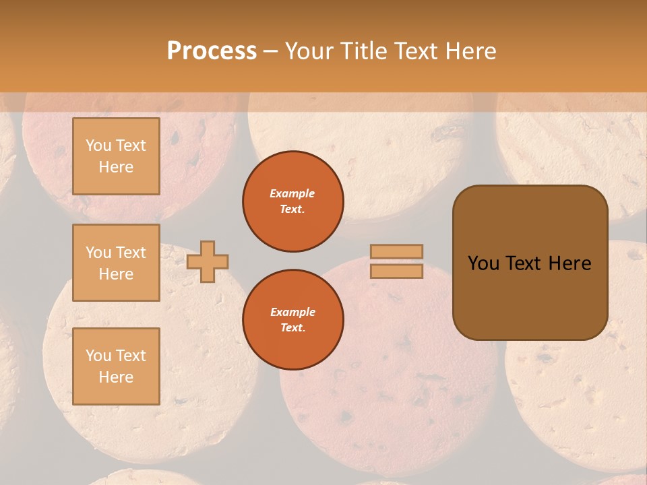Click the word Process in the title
tap(212, 51)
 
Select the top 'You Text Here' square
tap(116, 156)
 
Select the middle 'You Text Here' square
tap(116, 263)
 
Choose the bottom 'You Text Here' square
tap(116, 366)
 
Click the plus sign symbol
tap(208, 261)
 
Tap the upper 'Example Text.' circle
tap(292, 201)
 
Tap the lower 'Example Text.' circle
tap(292, 320)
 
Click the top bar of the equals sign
tap(396, 251)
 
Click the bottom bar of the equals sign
tap(396, 271)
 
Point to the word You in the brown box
tap(483, 263)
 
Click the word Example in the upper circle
tap(292, 193)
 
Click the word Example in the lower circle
tap(292, 312)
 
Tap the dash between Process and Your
tap(271, 51)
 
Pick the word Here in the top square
tap(116, 167)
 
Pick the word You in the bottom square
tap(98, 355)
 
